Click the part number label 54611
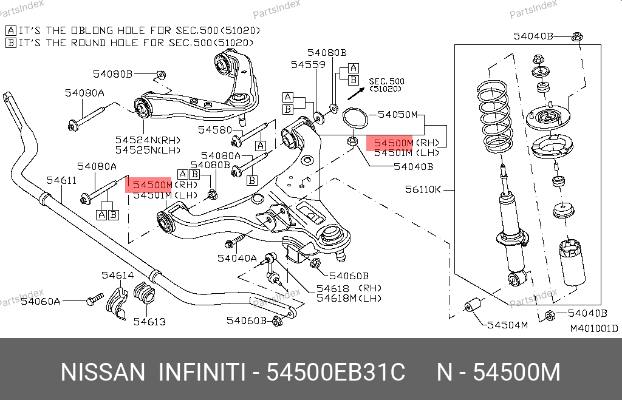(x=62, y=180)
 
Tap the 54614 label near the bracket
(x=117, y=276)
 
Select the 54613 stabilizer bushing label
(x=149, y=322)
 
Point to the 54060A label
(x=40, y=301)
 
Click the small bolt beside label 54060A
(x=95, y=299)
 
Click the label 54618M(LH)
(x=349, y=298)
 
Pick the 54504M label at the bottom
(x=508, y=325)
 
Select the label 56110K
(x=423, y=189)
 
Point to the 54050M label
(x=397, y=114)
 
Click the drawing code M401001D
(x=593, y=329)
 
